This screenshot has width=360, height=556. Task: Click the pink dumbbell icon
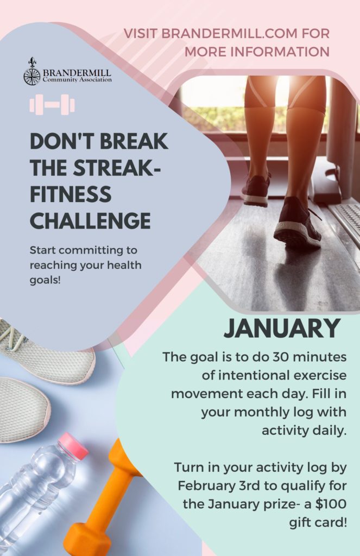(x=52, y=105)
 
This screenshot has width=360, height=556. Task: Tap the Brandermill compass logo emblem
(x=32, y=72)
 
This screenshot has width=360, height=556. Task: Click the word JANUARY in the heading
(x=282, y=328)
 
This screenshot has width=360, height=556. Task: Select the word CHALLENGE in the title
(x=91, y=220)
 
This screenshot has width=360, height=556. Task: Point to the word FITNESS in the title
(x=71, y=194)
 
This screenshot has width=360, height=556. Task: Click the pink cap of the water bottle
(x=74, y=445)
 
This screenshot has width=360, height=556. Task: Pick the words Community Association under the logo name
(x=77, y=80)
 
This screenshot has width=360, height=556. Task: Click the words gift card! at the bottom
(x=318, y=522)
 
